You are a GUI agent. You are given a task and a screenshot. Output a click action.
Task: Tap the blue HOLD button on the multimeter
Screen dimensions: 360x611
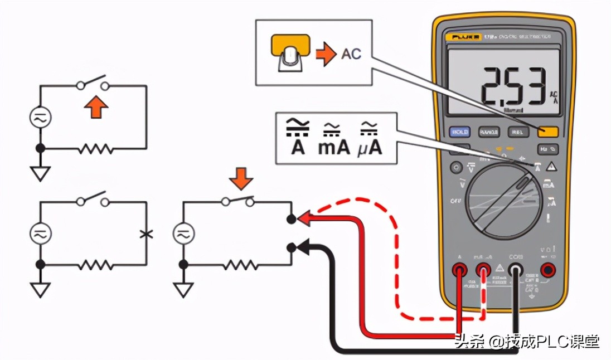(460, 132)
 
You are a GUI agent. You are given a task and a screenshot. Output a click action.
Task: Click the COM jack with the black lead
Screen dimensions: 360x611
(515, 271)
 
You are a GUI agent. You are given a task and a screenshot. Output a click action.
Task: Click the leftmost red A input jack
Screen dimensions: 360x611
(460, 271)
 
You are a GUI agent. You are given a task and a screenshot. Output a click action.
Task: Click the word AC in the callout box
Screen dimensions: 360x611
(351, 53)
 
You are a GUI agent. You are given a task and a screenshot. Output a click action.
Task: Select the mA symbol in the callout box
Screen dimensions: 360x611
(334, 139)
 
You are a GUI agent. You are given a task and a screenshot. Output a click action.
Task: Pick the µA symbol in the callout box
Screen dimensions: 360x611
(368, 139)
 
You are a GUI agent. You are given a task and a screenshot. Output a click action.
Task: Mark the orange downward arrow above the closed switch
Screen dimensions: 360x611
(241, 180)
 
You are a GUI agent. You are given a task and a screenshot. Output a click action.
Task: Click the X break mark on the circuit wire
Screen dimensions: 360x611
(146, 234)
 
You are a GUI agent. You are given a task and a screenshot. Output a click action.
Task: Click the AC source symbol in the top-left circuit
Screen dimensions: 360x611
(40, 118)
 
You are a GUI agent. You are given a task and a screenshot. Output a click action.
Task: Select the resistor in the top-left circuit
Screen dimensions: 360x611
(96, 149)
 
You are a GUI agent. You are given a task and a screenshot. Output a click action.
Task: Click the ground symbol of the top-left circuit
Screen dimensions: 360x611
(40, 174)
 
